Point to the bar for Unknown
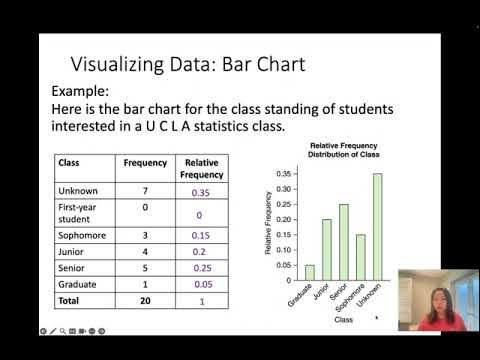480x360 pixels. [377, 225]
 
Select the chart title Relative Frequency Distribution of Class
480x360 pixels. [335, 152]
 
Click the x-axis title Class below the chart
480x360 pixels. [343, 321]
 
